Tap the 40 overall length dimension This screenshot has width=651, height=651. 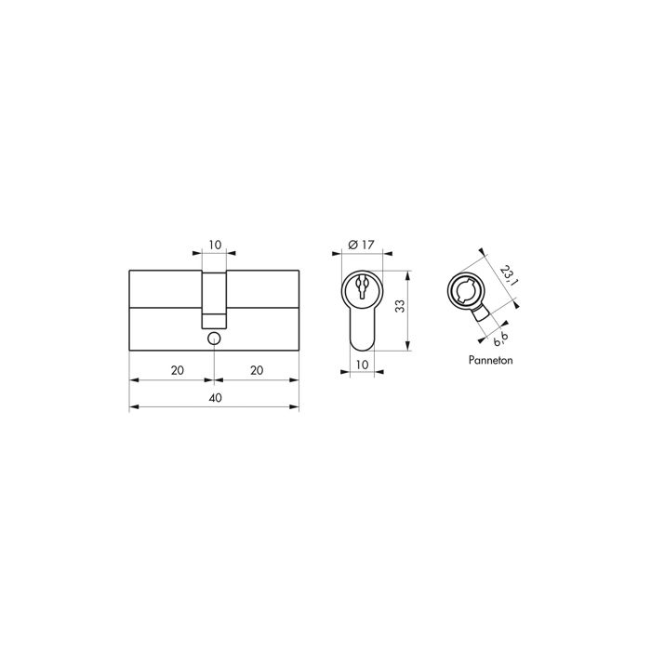tap(215, 398)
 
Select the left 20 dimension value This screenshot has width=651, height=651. tap(178, 370)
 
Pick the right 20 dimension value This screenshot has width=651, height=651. tap(257, 370)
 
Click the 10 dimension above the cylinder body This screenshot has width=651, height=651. tap(215, 245)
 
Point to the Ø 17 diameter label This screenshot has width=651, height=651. tap(361, 244)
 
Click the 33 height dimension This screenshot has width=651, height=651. tap(400, 308)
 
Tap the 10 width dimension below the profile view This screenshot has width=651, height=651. tap(363, 365)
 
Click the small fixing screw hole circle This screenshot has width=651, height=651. tap(215, 339)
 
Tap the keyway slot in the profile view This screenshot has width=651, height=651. tap(363, 287)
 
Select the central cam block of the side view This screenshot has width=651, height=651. tap(215, 298)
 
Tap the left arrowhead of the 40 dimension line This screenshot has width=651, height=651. tap(131, 407)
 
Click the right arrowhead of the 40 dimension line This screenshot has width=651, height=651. tap(298, 407)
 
